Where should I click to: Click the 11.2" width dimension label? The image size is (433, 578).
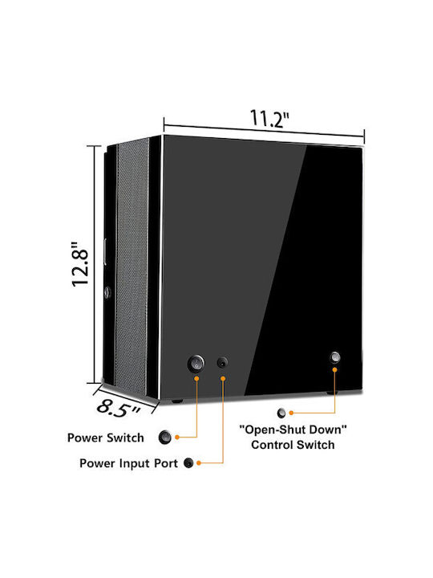click(269, 118)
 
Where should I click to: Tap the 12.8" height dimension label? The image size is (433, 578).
click(80, 264)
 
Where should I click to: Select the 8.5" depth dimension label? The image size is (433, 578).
click(119, 409)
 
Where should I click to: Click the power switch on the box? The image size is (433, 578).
click(196, 364)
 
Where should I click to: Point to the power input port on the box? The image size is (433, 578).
click(222, 363)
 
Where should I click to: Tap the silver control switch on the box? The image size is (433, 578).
click(334, 356)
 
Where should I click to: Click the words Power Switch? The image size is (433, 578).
click(106, 438)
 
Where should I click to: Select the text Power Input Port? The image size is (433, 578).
click(128, 463)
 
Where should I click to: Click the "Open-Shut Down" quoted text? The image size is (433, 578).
click(293, 429)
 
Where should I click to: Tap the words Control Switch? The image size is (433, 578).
click(293, 445)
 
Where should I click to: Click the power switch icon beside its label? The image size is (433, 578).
click(164, 438)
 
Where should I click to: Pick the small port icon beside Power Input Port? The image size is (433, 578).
click(188, 463)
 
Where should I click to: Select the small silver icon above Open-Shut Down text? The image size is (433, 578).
click(281, 413)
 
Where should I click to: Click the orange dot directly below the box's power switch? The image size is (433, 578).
click(196, 379)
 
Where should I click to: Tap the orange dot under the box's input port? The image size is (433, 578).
click(223, 379)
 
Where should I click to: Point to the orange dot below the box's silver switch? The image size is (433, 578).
click(334, 369)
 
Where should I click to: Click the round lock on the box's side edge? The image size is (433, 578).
click(107, 293)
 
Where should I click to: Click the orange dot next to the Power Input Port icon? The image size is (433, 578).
click(199, 463)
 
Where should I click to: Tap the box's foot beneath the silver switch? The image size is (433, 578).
click(332, 393)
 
